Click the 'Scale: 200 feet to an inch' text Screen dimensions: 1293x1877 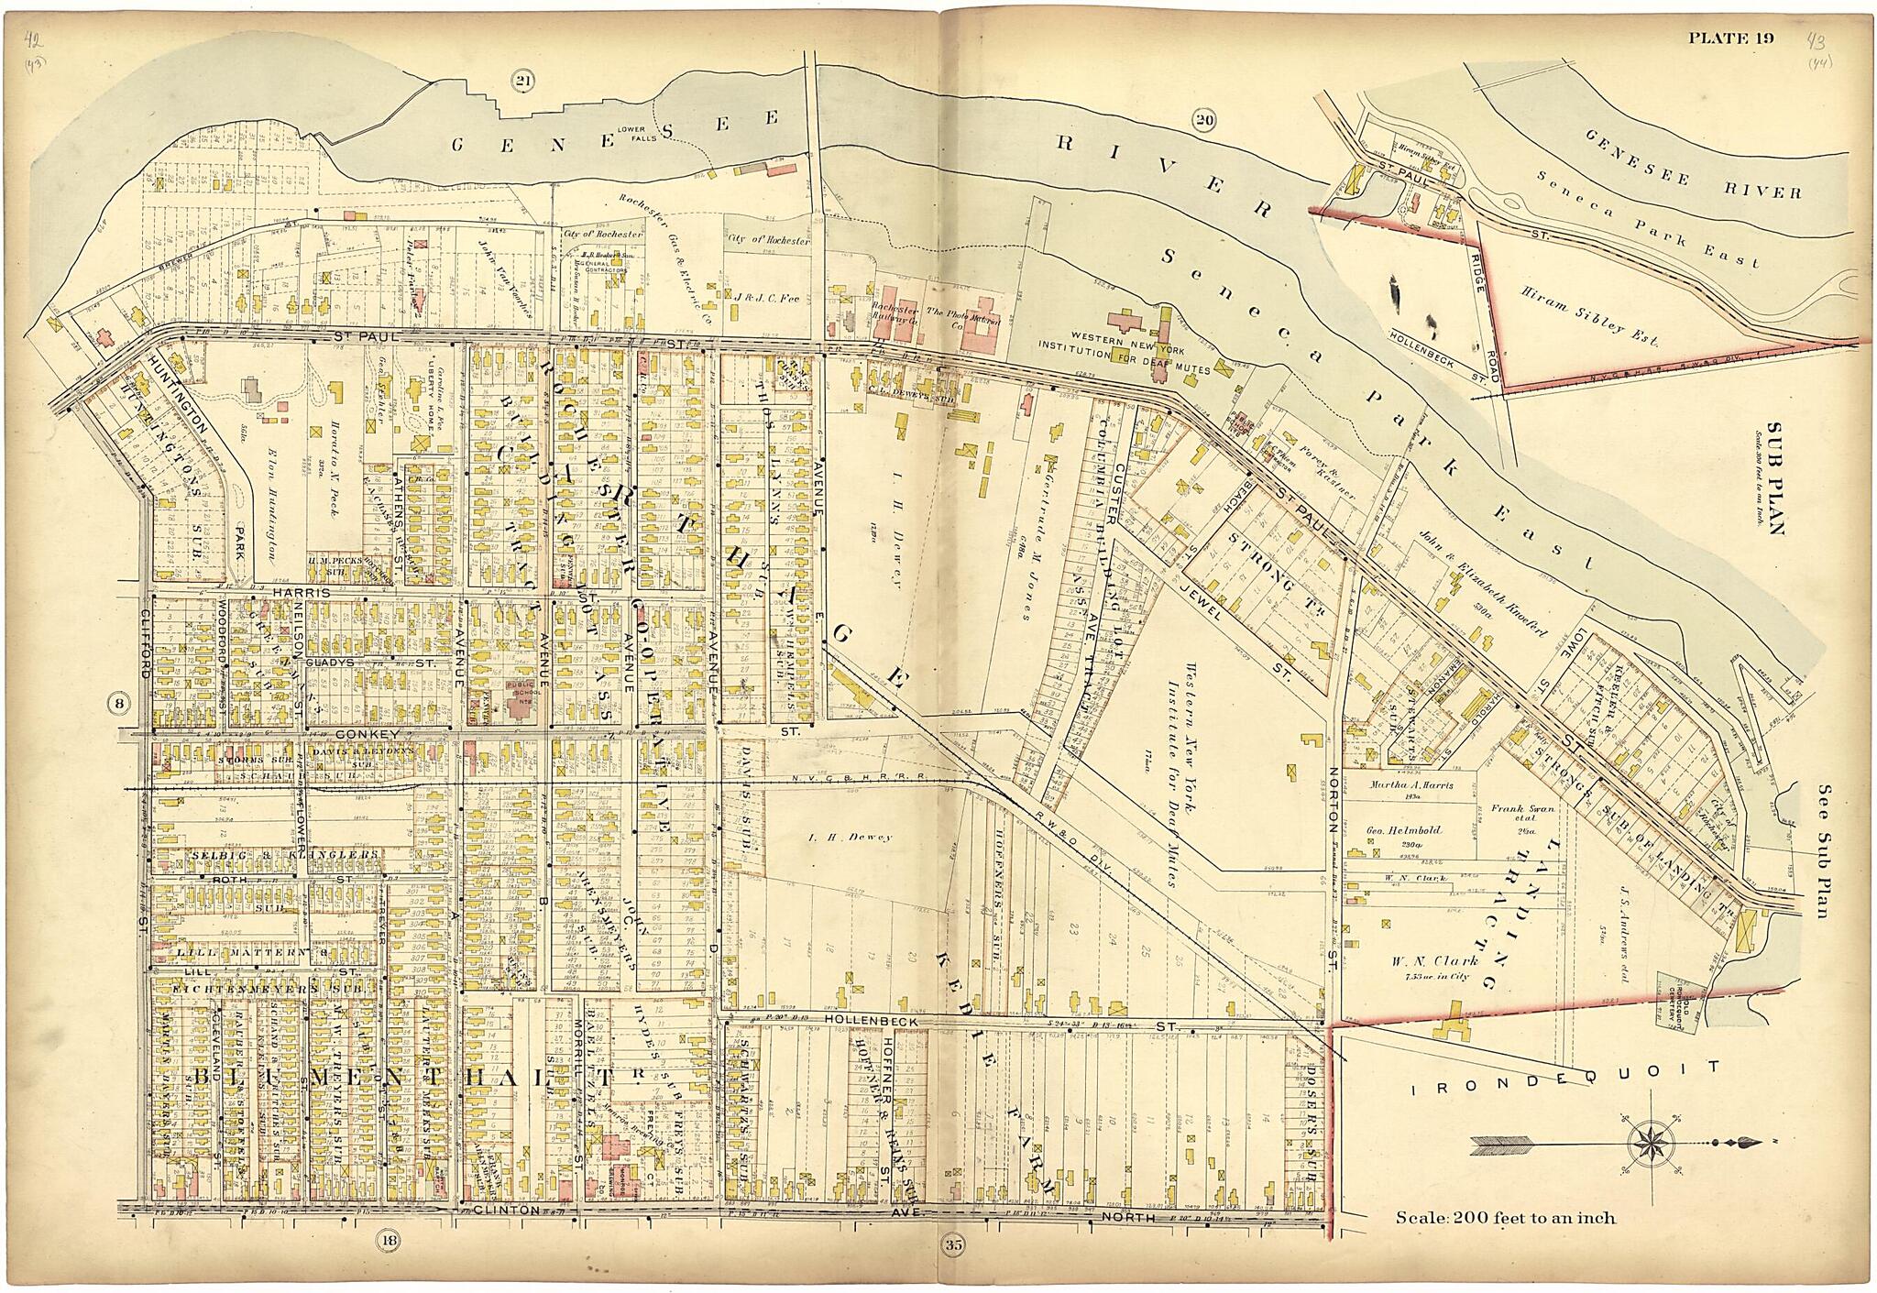coord(1505,1219)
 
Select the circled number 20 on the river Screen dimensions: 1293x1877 coord(1203,119)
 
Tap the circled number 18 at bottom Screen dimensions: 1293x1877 coord(389,1244)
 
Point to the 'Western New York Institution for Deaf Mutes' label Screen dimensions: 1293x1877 coord(1124,359)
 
